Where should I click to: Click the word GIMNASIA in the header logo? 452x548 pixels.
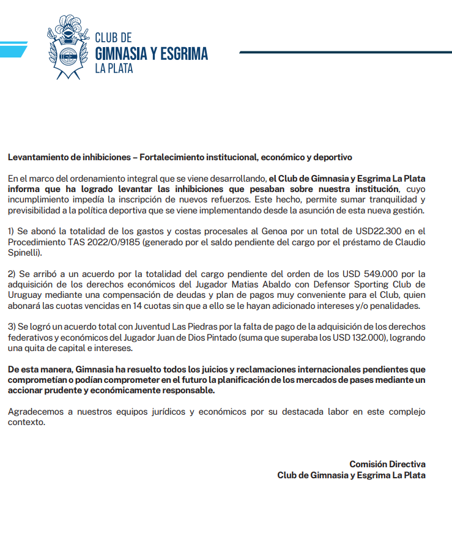coord(120,54)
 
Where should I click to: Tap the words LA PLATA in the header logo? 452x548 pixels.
coord(114,68)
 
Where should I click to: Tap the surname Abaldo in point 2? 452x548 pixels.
coord(242,284)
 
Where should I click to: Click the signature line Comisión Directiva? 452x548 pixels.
coord(387,464)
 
